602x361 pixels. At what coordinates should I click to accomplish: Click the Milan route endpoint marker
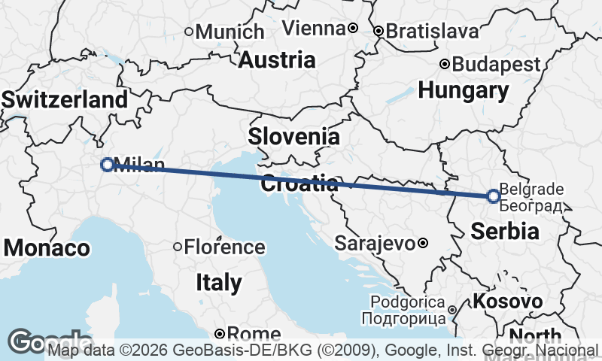point(108,165)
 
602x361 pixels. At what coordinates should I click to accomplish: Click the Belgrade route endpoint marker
point(493,196)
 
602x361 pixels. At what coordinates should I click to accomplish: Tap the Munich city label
point(230,32)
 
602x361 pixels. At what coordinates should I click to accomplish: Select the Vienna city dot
point(352,28)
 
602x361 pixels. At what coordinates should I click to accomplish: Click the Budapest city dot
point(445,64)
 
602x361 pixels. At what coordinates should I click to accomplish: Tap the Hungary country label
point(464,91)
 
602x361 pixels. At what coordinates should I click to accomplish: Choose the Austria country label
point(277,59)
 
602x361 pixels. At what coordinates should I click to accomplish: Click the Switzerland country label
point(65,100)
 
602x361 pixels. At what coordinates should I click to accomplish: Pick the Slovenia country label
point(293,137)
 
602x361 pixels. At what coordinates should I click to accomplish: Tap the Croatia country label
point(299,184)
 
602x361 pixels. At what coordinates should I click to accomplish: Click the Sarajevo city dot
point(424,243)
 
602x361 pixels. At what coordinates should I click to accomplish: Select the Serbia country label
point(505,231)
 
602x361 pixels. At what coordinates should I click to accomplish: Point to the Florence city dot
point(178,247)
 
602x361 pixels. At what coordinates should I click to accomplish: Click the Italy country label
point(218,283)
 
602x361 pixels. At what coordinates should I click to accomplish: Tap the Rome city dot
point(219,333)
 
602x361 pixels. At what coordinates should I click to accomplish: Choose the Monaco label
point(47,247)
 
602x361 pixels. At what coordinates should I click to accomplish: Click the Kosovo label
point(507,302)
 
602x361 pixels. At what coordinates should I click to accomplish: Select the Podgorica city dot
point(451,310)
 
